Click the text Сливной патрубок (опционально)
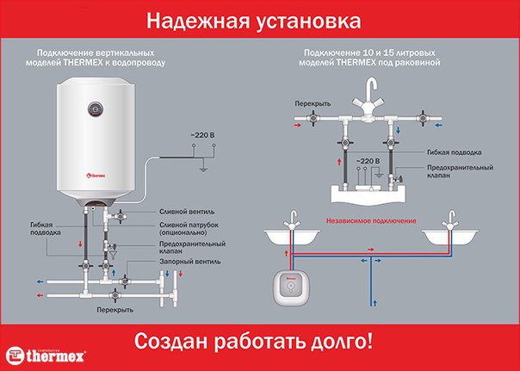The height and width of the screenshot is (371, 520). tap(184, 228)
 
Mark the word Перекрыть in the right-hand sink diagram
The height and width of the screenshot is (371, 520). tap(313, 103)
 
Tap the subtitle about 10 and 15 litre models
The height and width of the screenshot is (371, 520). tap(371, 58)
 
